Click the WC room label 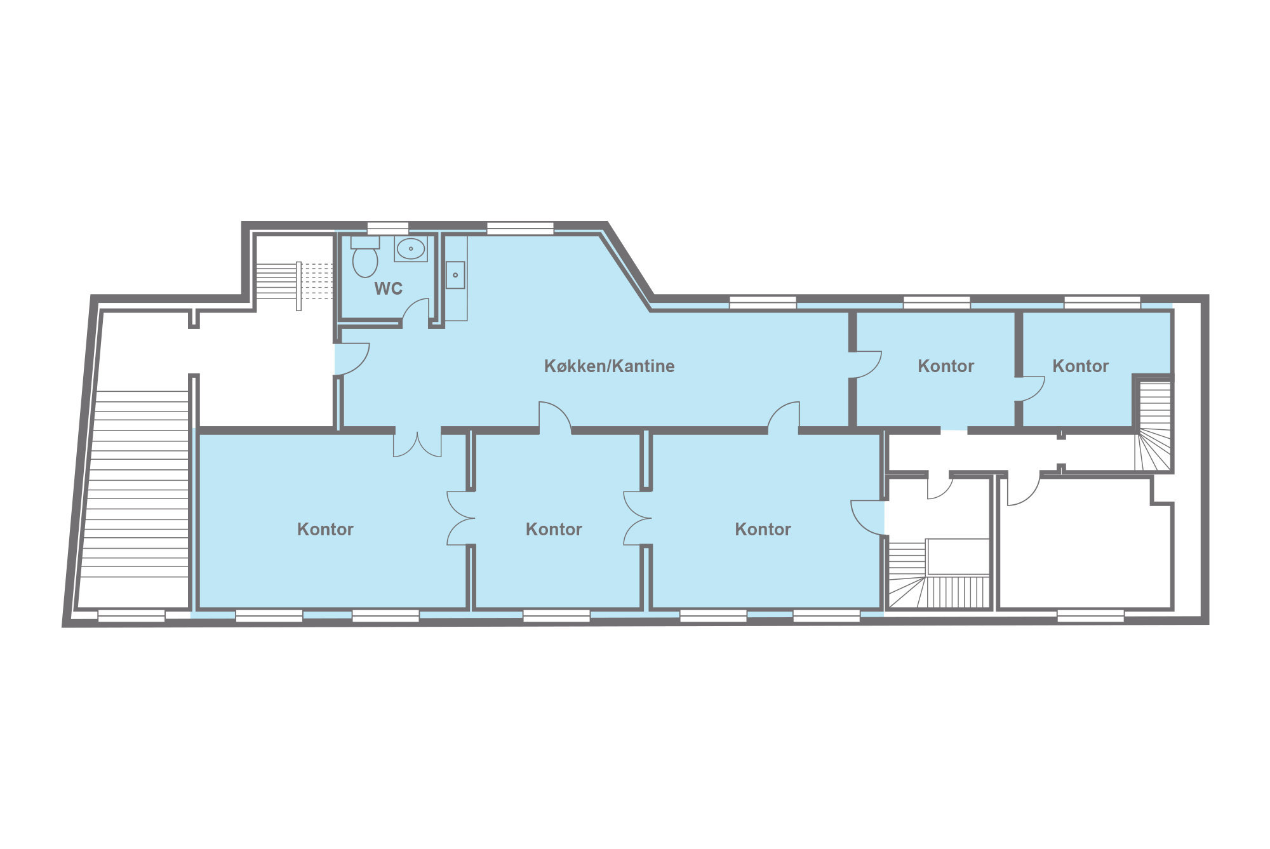pyautogui.click(x=388, y=289)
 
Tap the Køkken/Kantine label pyautogui.click(x=609, y=366)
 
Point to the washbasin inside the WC pyautogui.click(x=411, y=249)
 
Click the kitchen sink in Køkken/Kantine pyautogui.click(x=455, y=275)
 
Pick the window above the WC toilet pyautogui.click(x=388, y=228)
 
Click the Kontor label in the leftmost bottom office pyautogui.click(x=325, y=530)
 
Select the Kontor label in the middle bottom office pyautogui.click(x=554, y=530)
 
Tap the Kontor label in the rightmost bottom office pyautogui.click(x=763, y=530)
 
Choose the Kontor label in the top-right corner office pyautogui.click(x=1080, y=366)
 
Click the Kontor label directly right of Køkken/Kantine pyautogui.click(x=946, y=366)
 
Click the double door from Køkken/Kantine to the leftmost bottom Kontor pyautogui.click(x=417, y=445)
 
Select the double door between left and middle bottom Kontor pyautogui.click(x=460, y=518)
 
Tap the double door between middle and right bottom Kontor pyautogui.click(x=637, y=518)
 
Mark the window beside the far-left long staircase pyautogui.click(x=131, y=616)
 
